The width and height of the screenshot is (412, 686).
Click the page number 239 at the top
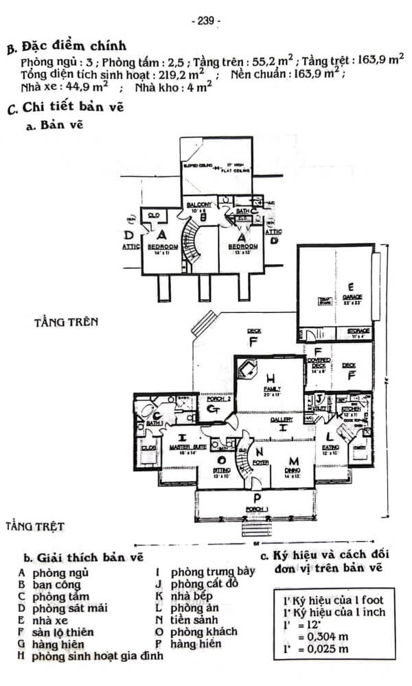206,21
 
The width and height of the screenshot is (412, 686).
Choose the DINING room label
295,470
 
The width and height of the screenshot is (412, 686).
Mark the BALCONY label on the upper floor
203,205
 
